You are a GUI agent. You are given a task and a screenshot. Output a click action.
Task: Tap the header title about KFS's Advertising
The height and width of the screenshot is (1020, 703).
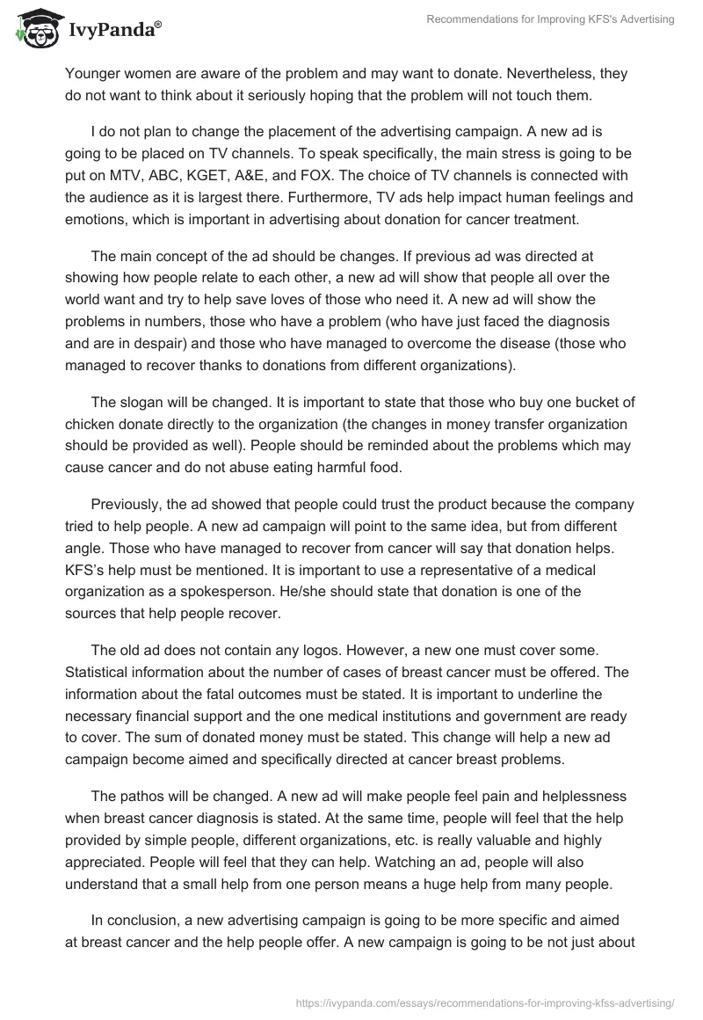point(550,18)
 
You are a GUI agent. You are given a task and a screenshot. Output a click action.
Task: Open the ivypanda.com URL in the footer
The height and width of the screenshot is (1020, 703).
point(482,1002)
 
